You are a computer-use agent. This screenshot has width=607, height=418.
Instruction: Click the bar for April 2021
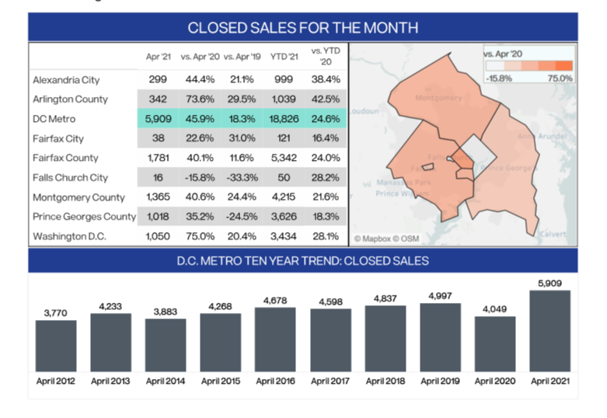549,331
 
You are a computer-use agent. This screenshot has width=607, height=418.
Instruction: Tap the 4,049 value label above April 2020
495,308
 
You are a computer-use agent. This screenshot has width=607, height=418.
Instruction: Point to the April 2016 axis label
276,381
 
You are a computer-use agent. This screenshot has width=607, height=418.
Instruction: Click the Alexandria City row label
66,79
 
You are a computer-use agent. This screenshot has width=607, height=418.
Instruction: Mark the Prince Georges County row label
84,216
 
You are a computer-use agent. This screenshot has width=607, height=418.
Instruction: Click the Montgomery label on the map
438,99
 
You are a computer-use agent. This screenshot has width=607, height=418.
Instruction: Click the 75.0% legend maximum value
560,78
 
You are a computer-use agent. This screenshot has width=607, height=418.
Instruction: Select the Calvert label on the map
553,234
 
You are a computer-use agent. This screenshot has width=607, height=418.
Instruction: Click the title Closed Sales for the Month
303,28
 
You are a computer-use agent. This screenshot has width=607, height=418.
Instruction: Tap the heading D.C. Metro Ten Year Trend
303,261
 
